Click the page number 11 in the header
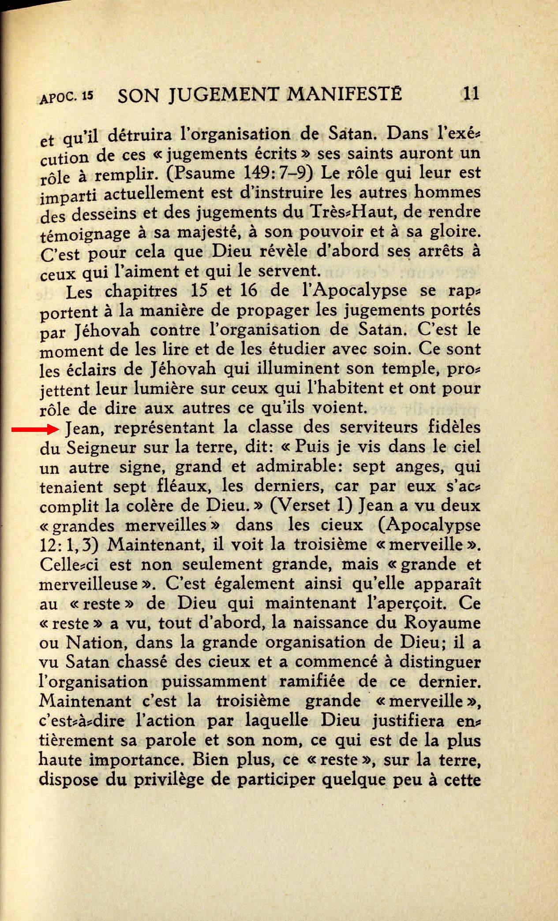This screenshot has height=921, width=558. point(471,94)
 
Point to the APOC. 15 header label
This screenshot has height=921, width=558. point(67,97)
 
